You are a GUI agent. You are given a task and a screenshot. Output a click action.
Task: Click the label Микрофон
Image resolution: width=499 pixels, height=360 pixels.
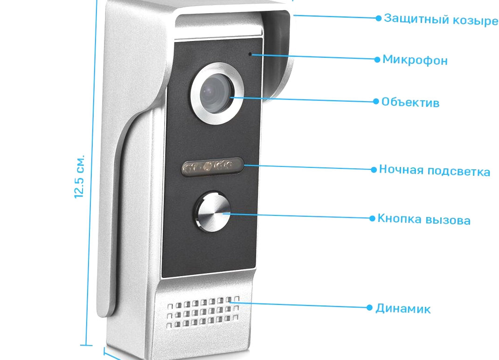tap(415, 60)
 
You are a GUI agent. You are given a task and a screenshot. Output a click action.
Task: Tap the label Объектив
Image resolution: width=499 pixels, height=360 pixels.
tap(410, 102)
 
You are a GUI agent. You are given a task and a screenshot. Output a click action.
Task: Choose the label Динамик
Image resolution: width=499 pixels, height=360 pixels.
tap(403, 309)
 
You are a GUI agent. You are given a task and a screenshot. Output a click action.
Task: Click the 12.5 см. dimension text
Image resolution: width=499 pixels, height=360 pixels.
tap(79, 175)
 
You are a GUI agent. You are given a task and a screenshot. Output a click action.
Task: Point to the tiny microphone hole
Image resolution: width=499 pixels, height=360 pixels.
tap(250, 54)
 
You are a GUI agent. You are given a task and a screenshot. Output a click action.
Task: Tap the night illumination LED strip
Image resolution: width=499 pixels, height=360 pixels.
tap(212, 166)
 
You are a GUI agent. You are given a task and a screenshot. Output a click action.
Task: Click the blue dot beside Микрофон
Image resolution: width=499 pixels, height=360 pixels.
tap(377, 59)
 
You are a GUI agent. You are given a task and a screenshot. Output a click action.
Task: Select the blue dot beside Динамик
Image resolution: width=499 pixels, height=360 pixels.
tap(370, 307)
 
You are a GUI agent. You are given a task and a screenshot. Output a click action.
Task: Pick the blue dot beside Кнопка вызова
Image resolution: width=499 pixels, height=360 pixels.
tap(372, 218)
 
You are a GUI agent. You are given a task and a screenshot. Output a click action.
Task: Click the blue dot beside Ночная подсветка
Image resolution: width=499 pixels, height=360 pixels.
tap(374, 169)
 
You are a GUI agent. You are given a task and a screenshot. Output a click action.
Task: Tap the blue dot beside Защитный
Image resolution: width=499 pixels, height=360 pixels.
tap(379, 18)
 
